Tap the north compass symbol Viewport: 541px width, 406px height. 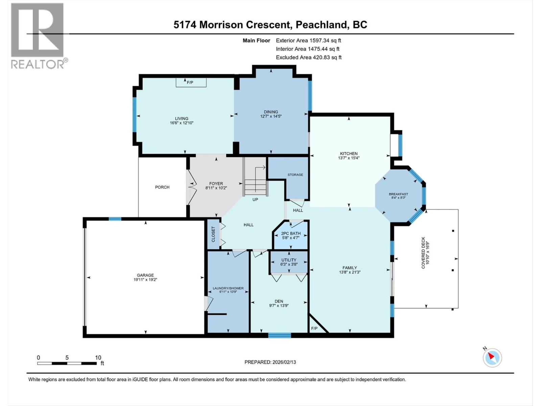click(492, 358)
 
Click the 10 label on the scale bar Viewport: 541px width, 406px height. click(98, 358)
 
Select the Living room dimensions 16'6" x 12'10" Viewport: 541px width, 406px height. click(182, 123)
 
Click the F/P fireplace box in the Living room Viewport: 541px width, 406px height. click(191, 82)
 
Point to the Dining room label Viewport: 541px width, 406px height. click(271, 112)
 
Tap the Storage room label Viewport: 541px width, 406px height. click(295, 175)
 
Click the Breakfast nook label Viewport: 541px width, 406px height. click(398, 194)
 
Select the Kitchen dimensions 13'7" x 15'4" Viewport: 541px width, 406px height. click(349, 158)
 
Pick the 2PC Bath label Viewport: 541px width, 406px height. click(291, 233)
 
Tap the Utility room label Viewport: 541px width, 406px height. click(289, 260)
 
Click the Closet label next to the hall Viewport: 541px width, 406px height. click(213, 234)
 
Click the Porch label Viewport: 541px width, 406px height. click(162, 187)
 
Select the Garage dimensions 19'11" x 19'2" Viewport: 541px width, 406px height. click(145, 280)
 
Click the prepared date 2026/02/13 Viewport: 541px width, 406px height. click(284, 362)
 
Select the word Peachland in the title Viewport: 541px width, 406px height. click(321, 25)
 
